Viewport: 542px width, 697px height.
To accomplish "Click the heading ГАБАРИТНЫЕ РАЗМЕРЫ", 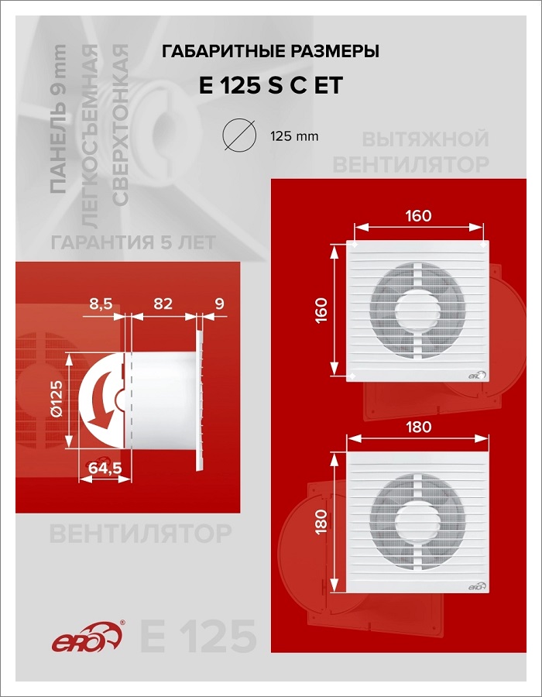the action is [270, 52].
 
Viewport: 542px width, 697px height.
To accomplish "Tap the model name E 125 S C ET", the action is [271, 85].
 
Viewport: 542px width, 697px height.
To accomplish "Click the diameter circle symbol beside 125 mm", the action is [240, 135].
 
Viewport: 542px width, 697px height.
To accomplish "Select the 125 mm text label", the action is [294, 136].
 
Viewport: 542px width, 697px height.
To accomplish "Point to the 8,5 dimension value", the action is [101, 304].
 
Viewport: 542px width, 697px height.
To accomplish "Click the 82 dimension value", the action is [163, 304].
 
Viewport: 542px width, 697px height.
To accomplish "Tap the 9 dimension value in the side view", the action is [219, 304].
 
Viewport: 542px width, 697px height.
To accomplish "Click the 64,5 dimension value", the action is [105, 468].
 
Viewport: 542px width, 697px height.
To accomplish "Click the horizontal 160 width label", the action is [418, 216].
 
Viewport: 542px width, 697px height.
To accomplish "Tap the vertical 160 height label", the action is [321, 311].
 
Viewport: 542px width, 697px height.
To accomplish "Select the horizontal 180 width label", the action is [418, 427].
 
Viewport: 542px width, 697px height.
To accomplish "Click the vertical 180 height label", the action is [321, 521].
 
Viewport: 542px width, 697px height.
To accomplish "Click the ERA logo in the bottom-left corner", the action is [87, 637].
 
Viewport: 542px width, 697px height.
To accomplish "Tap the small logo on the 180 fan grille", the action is [477, 586].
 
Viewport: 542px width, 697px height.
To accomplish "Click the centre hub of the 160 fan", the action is [417, 310].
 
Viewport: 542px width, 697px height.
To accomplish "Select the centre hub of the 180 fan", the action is [417, 521].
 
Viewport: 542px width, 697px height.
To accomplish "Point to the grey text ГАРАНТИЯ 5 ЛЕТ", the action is [133, 242].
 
